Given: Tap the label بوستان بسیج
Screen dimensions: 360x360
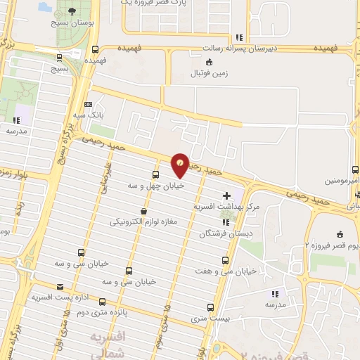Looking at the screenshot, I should pyautogui.click(x=73, y=23).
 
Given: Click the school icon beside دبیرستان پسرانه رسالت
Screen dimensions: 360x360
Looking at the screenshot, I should pyautogui.click(x=240, y=37).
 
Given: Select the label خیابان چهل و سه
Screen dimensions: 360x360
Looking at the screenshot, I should pyautogui.click(x=155, y=186).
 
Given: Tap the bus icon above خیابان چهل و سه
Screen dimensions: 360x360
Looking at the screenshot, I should pyautogui.click(x=155, y=174).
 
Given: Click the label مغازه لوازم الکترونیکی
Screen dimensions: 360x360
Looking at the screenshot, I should pyautogui.click(x=145, y=222).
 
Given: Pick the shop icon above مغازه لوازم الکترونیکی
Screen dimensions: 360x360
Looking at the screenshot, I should pyautogui.click(x=144, y=210).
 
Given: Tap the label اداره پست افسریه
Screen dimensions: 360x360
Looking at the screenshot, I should pyautogui.click(x=60, y=298).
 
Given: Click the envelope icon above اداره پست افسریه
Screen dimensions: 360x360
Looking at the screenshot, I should pyautogui.click(x=60, y=287).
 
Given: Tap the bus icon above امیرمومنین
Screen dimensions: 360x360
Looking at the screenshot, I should pyautogui.click(x=355, y=169).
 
